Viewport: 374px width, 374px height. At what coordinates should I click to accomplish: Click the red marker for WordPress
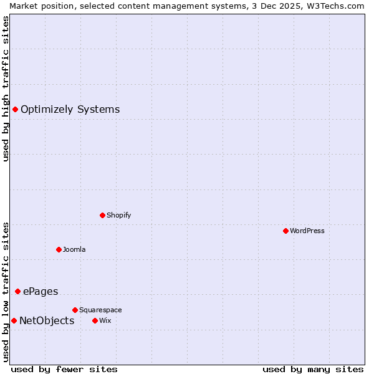coord(285,231)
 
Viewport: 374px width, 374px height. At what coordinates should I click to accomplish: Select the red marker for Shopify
coord(102,215)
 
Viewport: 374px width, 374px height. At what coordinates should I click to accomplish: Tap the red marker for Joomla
coord(59,249)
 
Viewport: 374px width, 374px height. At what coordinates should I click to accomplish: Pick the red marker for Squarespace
coord(75,310)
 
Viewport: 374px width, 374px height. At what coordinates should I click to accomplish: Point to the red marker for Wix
coord(95,320)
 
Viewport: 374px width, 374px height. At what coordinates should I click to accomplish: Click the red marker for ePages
coord(17,291)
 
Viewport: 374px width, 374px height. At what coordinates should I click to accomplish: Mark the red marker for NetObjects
coord(14,320)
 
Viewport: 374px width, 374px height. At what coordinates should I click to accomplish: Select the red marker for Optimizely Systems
coord(15,109)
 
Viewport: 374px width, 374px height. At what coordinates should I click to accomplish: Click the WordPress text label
coord(307,231)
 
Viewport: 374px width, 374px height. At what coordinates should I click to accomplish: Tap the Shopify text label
coord(118,215)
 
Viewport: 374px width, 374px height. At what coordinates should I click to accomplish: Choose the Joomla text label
coord(74,249)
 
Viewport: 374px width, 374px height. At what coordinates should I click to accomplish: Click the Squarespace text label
coord(100,310)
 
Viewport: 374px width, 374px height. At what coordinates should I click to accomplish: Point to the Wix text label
coord(105,320)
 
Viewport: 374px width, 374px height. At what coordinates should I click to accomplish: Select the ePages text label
coord(41,291)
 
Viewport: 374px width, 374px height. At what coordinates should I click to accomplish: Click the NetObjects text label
coord(47,320)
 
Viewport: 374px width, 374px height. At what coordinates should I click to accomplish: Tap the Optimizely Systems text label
coord(70,109)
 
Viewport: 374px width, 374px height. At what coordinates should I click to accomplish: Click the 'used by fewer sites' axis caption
coord(64,369)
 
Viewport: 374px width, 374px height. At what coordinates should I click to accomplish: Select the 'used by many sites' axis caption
coord(313,369)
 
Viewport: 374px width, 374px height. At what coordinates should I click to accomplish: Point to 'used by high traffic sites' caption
coord(6,89)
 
